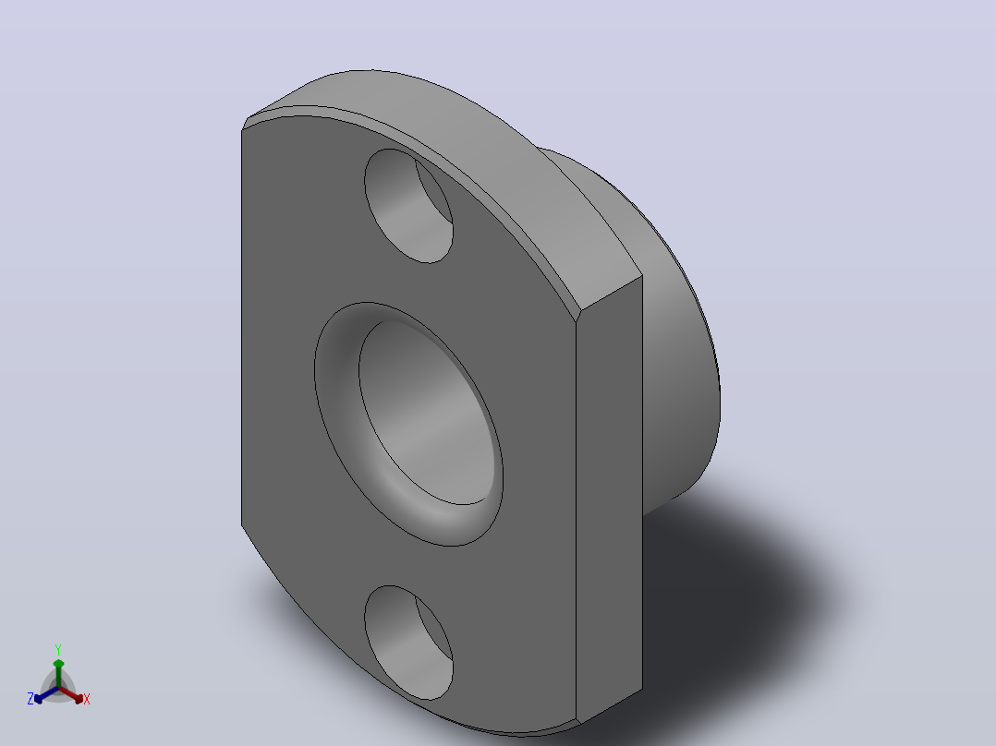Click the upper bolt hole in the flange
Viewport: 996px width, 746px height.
click(408, 206)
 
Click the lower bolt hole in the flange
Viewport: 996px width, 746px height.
click(408, 643)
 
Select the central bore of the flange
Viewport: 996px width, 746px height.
click(427, 413)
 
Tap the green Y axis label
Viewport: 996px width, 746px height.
click(58, 649)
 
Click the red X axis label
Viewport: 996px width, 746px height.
click(87, 699)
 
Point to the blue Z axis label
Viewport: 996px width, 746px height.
click(30, 699)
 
